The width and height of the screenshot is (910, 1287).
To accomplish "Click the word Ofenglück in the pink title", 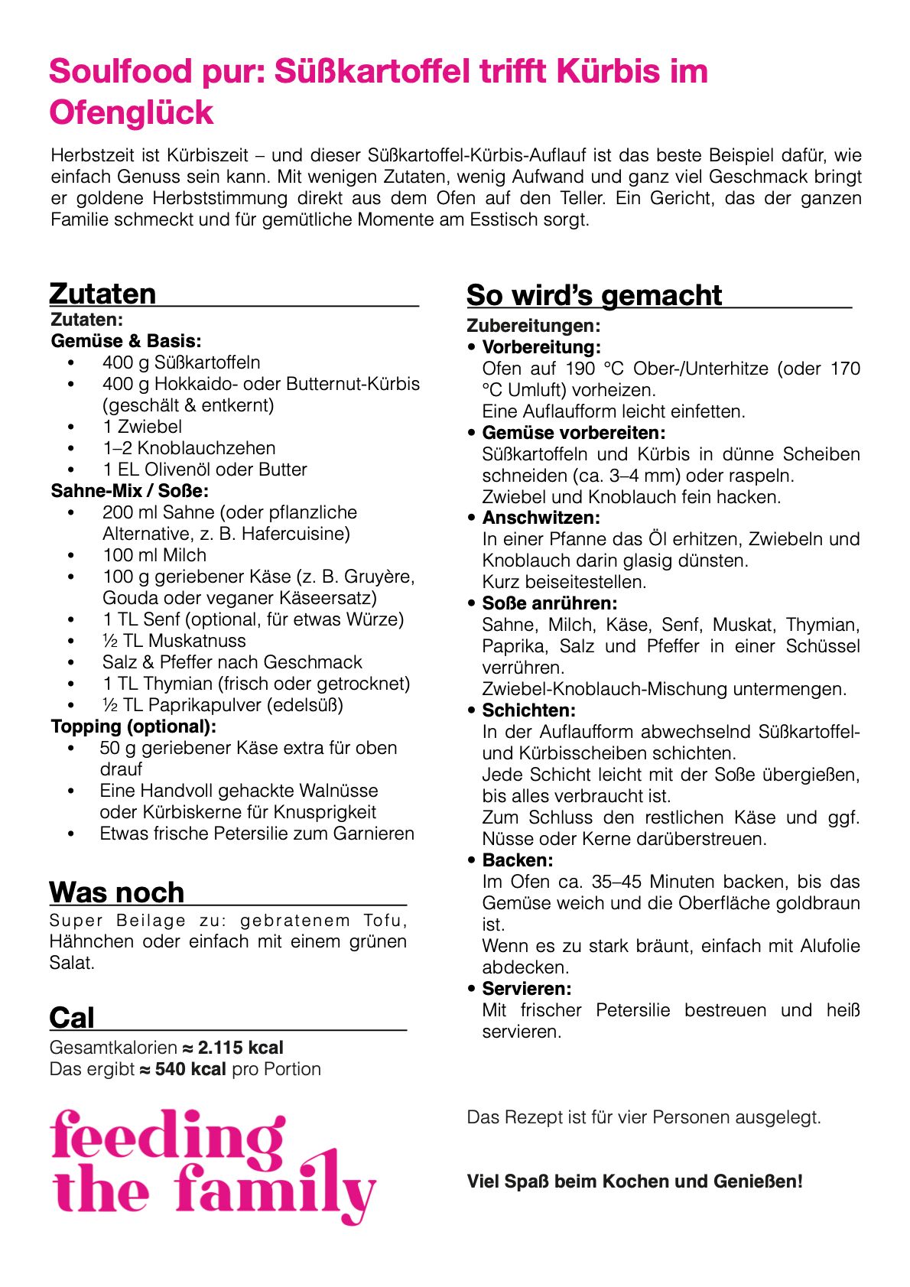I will (x=131, y=112).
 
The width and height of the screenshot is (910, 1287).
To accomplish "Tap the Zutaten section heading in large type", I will (x=102, y=294).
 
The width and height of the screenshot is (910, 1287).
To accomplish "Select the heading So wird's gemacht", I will (x=593, y=295).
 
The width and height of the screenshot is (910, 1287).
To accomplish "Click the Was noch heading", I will (x=116, y=892).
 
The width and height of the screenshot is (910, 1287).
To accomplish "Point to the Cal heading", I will (x=72, y=1018).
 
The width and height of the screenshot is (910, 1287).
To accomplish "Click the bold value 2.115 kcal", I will (x=240, y=1048).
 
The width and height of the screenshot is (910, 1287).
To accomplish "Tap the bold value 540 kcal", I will (x=190, y=1069).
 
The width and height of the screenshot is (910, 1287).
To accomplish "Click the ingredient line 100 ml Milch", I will (x=154, y=555).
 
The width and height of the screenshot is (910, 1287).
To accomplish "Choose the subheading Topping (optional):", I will (x=134, y=726).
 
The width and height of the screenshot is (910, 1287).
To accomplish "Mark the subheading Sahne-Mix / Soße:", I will (x=130, y=491).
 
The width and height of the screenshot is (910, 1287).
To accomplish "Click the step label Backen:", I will (x=517, y=860).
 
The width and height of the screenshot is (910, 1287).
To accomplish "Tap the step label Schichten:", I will (x=528, y=710).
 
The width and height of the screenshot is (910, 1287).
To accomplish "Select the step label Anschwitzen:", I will (x=541, y=518).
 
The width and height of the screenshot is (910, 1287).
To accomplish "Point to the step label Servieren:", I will (x=526, y=989).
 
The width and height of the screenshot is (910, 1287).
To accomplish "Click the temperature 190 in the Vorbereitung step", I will (x=580, y=369).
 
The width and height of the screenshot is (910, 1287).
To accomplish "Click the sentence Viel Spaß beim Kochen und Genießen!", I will (x=635, y=1181).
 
